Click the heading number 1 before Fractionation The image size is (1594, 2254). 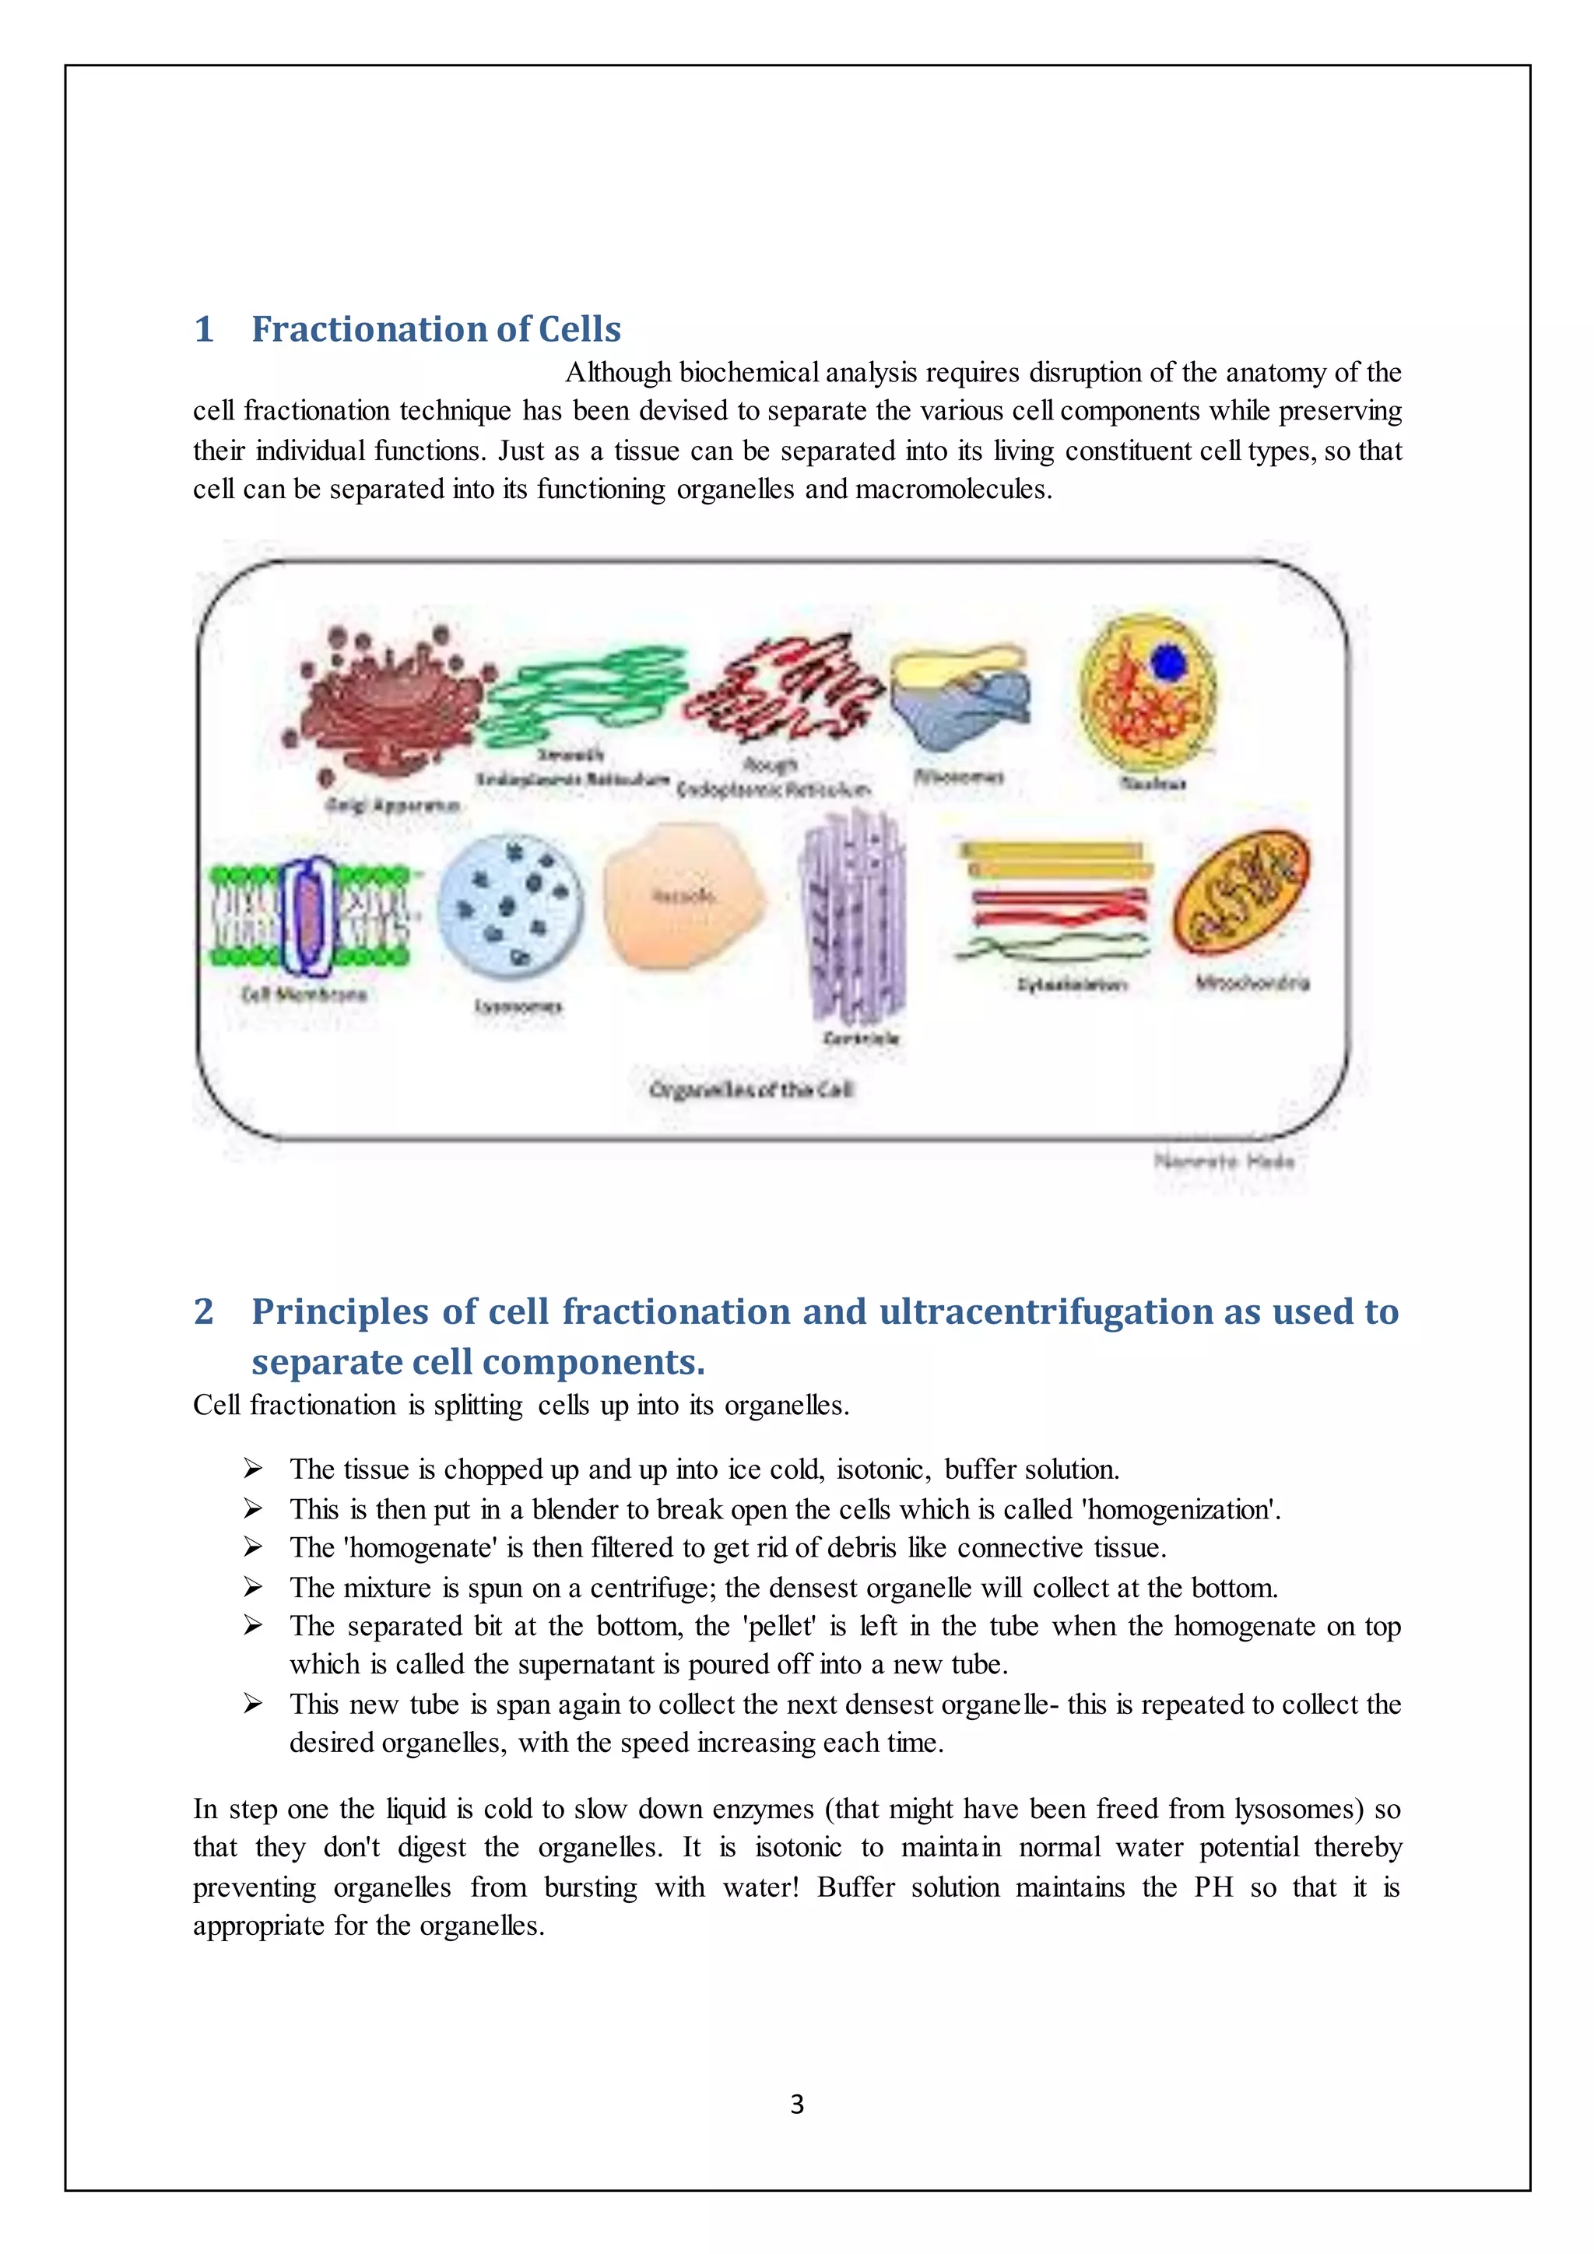point(204,329)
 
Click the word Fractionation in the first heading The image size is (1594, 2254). point(371,329)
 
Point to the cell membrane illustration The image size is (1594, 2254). point(309,913)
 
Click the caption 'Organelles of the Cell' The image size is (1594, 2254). point(751,1089)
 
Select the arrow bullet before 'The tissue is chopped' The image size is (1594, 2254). point(253,1469)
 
